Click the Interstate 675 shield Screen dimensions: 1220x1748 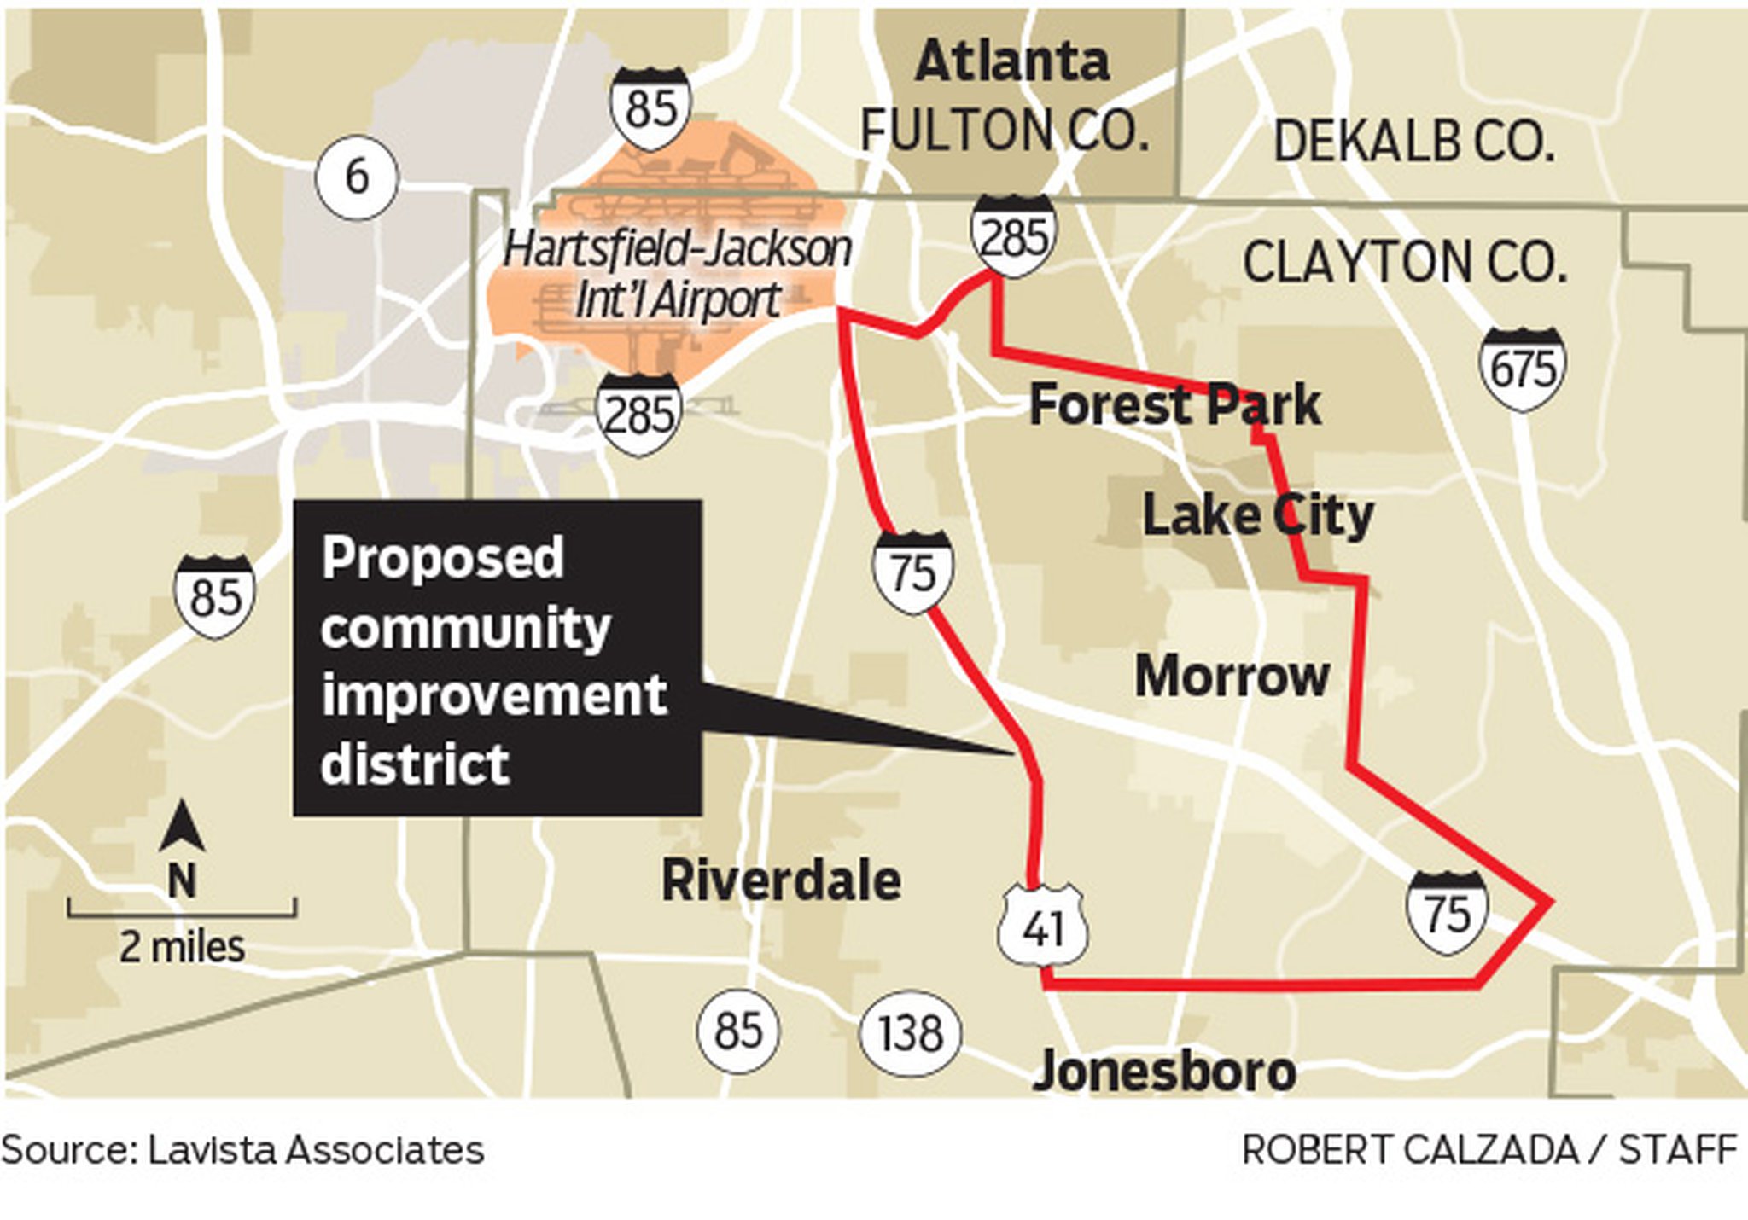[1523, 369]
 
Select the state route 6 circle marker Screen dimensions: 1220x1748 [356, 177]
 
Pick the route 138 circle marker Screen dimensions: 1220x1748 [911, 1033]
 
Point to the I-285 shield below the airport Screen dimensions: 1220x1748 [638, 414]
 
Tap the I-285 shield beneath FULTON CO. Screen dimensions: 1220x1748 [1013, 235]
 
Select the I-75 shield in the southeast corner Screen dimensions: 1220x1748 [1448, 913]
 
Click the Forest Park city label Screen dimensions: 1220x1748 [1174, 405]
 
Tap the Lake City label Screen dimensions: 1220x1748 [1257, 515]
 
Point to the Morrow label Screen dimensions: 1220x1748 [1232, 677]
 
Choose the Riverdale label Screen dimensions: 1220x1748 [781, 880]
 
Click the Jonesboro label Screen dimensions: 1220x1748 [1164, 1072]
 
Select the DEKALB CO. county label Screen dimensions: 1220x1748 [1413, 142]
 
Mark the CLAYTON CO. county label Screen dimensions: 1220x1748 [1404, 263]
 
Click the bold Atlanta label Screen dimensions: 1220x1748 [1012, 61]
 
